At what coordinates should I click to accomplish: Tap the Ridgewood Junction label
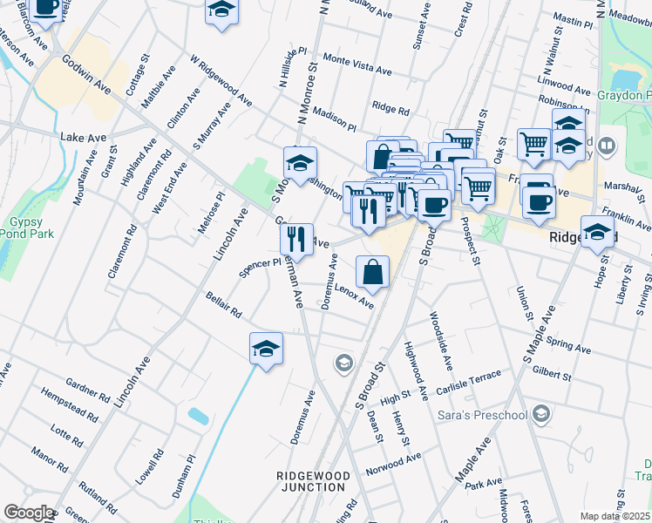point(313,481)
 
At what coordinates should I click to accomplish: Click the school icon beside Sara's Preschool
point(541,412)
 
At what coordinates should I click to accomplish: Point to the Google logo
point(28,513)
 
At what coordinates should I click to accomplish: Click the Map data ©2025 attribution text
point(615,516)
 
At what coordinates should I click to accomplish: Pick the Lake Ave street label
point(83,138)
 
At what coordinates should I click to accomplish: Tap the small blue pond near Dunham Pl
point(198,416)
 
